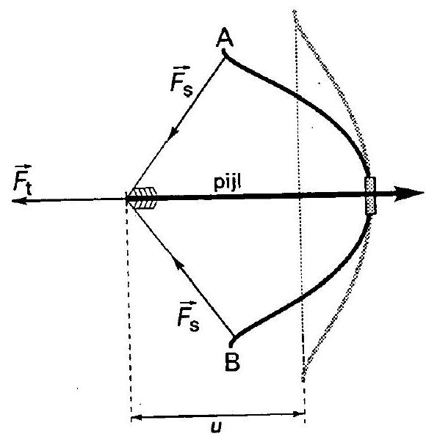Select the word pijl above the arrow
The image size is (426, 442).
pyautogui.click(x=227, y=183)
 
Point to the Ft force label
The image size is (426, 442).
pyautogui.click(x=23, y=180)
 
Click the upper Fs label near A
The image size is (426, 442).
pyautogui.click(x=181, y=81)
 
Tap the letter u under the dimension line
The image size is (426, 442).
pyautogui.click(x=216, y=427)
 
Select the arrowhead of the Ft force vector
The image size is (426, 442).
pyautogui.click(x=19, y=201)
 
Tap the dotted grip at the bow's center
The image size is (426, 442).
pyautogui.click(x=370, y=196)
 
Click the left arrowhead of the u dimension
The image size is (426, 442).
pyautogui.click(x=137, y=417)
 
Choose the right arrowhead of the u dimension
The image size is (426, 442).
pyautogui.click(x=299, y=414)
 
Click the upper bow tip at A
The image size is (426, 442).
pyautogui.click(x=223, y=51)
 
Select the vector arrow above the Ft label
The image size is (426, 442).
pyautogui.click(x=24, y=166)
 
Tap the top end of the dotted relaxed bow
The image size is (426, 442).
pyautogui.click(x=295, y=11)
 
